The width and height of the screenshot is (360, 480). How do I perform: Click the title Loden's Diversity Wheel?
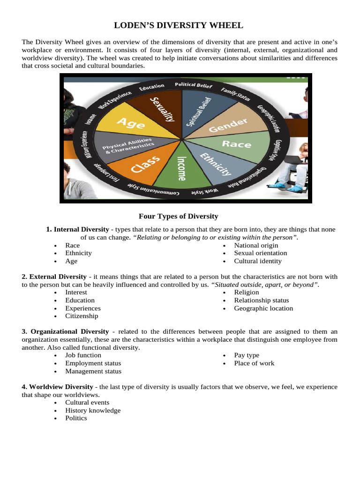(x=180, y=25)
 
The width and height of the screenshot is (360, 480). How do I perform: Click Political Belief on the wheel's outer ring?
(x=194, y=85)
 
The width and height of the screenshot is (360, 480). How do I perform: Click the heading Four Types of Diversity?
(x=179, y=216)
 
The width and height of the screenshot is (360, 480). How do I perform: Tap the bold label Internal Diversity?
(x=81, y=229)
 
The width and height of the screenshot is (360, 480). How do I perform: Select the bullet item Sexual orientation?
(x=261, y=253)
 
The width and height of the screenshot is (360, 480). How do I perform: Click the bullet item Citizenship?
(x=82, y=316)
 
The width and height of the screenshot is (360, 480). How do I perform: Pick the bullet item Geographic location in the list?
(x=263, y=308)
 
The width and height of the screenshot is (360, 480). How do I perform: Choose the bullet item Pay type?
(x=247, y=355)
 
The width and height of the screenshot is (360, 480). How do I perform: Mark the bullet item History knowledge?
(x=93, y=410)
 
